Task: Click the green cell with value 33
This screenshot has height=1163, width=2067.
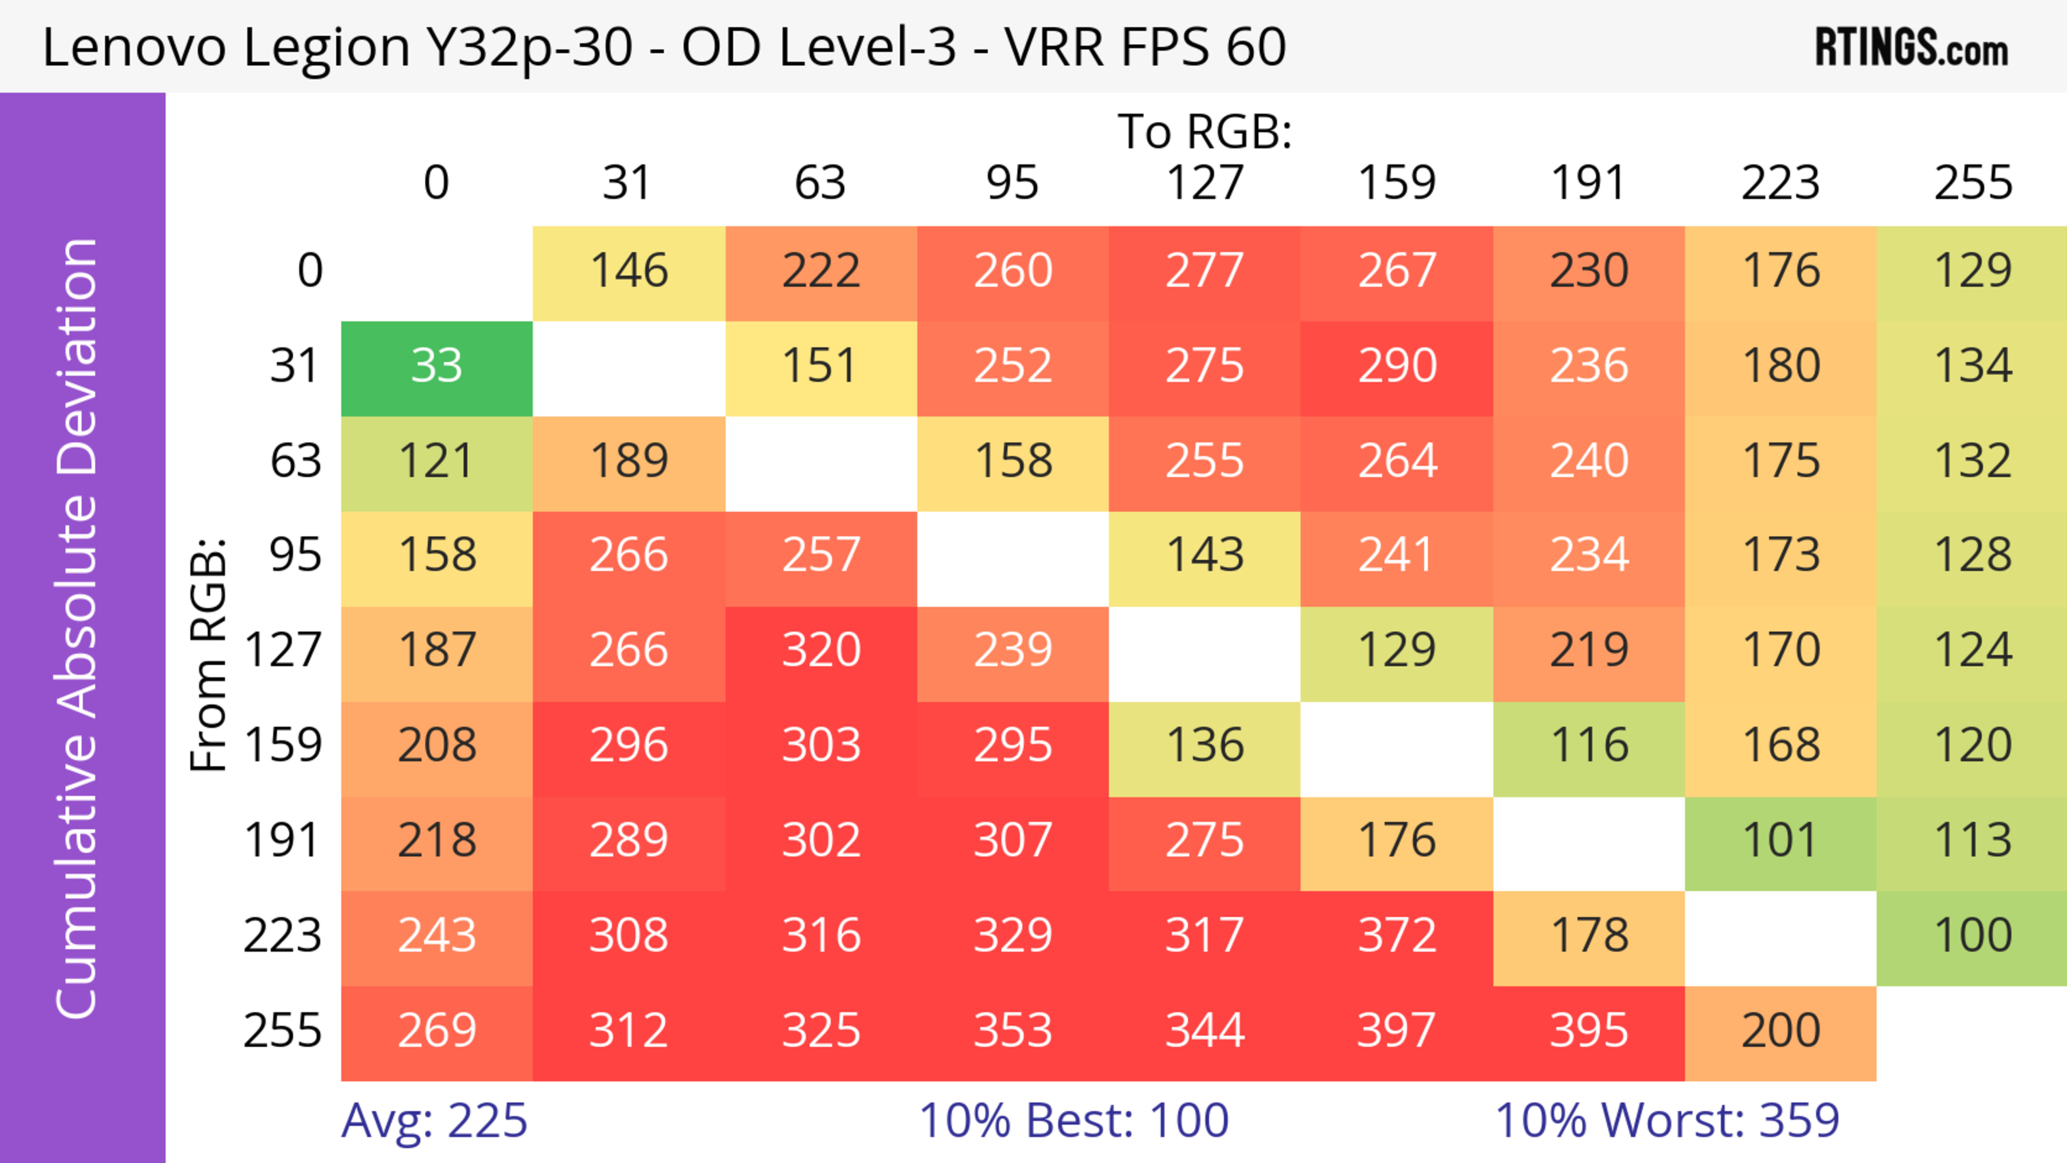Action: point(437,366)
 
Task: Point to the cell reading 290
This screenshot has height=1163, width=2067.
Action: point(1396,366)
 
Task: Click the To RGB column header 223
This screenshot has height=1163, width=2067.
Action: point(1781,183)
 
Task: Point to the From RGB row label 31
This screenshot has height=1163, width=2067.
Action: point(296,366)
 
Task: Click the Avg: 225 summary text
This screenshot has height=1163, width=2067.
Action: point(434,1120)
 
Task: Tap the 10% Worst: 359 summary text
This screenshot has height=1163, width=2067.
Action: point(1667,1120)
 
